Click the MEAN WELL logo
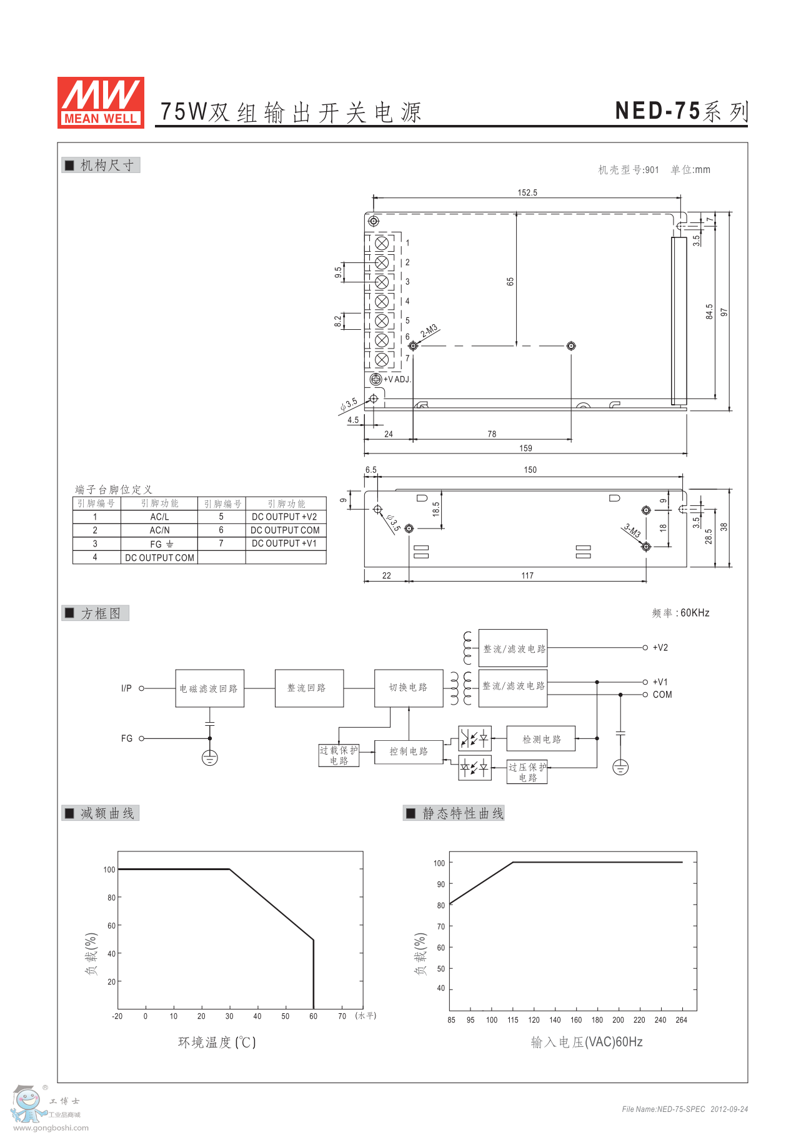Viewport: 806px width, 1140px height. [101, 102]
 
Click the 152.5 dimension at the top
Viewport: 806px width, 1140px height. [527, 192]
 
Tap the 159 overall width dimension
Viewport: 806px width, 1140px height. [525, 448]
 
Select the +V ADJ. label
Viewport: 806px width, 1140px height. [397, 379]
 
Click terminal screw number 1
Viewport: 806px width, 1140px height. [382, 243]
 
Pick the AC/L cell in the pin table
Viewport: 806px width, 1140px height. [159, 517]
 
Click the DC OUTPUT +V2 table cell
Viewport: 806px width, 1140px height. [284, 517]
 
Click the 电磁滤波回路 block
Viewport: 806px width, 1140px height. [209, 688]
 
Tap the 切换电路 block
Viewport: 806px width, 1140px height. [409, 688]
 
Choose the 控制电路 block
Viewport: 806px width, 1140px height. [409, 751]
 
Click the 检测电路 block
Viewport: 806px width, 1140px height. [541, 739]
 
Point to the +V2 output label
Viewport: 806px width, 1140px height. [660, 648]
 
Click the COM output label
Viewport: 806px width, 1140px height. [662, 695]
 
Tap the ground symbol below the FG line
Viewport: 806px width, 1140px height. [210, 758]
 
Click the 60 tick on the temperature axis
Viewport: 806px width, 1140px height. [313, 1016]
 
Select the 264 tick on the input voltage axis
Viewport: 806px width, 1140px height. [681, 1020]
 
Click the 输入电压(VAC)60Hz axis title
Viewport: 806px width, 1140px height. [587, 1042]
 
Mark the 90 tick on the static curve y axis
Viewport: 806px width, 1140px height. [441, 884]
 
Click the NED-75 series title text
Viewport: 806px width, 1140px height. [681, 111]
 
